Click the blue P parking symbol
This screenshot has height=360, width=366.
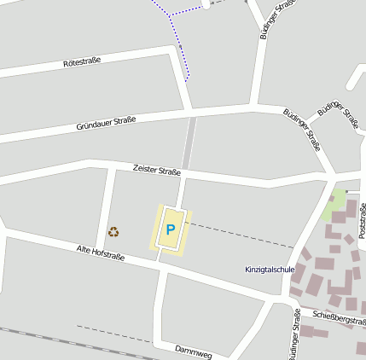pos(171,229)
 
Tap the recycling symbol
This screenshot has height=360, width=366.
pos(113,231)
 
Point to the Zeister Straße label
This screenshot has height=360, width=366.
pos(157,171)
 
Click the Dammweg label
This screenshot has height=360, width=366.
pos(193,351)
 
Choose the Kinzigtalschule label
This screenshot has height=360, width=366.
pos(270,270)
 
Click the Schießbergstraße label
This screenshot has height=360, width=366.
pos(340,317)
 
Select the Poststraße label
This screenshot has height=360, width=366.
pos(362,220)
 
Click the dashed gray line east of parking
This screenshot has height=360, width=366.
pos(239,235)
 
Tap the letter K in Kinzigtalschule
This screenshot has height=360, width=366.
pos(247,270)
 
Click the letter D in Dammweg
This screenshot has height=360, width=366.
pos(177,348)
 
